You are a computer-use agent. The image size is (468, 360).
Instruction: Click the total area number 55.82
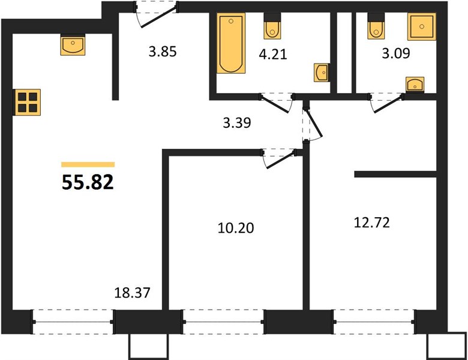tap(88, 182)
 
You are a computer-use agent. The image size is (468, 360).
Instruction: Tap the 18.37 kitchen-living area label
tap(132, 293)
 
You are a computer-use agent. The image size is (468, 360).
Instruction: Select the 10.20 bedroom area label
tap(236, 228)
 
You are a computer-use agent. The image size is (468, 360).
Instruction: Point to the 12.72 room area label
tap(372, 223)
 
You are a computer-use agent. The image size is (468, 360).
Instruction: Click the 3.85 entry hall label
tap(163, 52)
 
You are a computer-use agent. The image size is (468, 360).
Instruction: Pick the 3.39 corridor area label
tap(237, 122)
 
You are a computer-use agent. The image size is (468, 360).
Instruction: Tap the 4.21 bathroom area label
tap(273, 55)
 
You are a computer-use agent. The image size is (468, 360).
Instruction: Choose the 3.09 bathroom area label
tap(396, 53)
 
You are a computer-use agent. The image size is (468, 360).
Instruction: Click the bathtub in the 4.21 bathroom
tap(231, 43)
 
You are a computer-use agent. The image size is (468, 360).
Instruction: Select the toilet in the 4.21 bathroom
tap(272, 26)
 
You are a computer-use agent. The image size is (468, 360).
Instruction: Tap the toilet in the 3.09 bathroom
tap(376, 26)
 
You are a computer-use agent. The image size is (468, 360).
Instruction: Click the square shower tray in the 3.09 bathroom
tap(422, 26)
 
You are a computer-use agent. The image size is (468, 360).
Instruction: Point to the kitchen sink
tap(73, 45)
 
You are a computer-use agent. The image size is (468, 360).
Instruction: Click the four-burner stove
tap(28, 102)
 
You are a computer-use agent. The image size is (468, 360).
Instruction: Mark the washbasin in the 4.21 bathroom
tap(322, 73)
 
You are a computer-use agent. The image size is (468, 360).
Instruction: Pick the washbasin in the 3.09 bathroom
tap(415, 84)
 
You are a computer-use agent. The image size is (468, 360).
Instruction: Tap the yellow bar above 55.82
tap(88, 164)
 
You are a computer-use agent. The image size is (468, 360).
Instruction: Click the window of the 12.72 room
tap(373, 322)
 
